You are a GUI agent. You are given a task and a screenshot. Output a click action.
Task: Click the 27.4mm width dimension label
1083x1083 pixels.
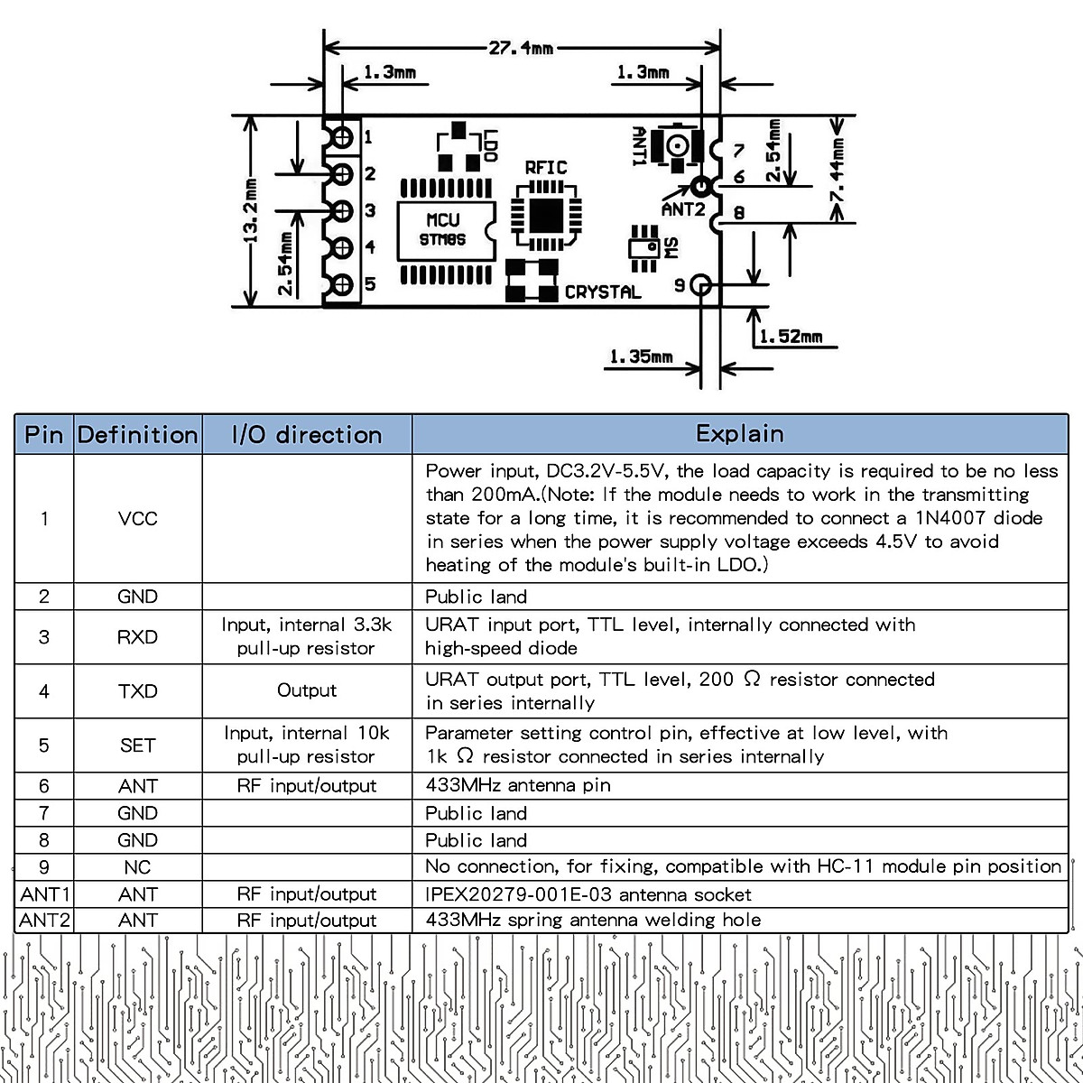coord(522,48)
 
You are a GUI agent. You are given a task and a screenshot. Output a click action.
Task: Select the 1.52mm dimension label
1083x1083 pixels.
coord(791,337)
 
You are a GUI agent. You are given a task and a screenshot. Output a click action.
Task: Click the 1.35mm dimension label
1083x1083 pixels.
coord(641,357)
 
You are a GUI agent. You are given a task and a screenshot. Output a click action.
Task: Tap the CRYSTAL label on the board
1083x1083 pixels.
coord(603,292)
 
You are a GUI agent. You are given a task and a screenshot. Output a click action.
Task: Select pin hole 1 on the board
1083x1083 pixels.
coord(343,137)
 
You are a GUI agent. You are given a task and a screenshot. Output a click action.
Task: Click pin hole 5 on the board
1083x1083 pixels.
coord(343,285)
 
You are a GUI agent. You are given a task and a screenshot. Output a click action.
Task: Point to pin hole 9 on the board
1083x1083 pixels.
coord(701,285)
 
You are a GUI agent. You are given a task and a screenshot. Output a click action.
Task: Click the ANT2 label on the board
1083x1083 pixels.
coord(683,208)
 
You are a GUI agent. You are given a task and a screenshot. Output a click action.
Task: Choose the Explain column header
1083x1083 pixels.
coord(739,434)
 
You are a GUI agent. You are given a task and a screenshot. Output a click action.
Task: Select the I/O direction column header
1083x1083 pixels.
coord(307,435)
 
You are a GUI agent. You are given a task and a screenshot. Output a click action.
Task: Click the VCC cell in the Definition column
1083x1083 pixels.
coord(137,519)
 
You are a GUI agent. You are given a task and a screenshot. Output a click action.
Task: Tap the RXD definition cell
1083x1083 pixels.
coord(137,637)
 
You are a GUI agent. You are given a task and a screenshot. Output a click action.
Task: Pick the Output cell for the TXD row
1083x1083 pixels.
coord(307,690)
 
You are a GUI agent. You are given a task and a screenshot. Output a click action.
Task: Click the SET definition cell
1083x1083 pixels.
coord(137,745)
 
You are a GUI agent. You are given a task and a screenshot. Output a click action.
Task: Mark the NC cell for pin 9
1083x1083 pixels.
coord(137,867)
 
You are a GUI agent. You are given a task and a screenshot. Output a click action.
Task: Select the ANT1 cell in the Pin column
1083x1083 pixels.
coord(44,894)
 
